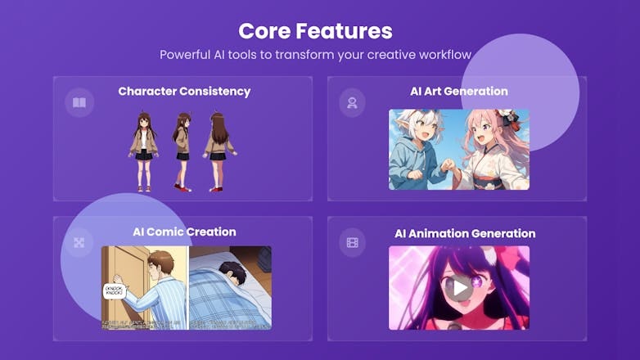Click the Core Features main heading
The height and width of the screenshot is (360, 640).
(x=315, y=31)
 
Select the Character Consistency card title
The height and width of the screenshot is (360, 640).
(x=184, y=91)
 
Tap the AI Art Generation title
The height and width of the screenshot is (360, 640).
(x=458, y=91)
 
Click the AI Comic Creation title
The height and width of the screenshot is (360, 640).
(x=184, y=232)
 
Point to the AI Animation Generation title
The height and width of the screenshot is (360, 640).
(x=465, y=233)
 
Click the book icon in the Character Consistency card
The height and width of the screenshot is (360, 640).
(x=79, y=103)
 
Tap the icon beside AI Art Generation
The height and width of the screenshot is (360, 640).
(x=352, y=103)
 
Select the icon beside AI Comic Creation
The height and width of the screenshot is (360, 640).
(x=79, y=243)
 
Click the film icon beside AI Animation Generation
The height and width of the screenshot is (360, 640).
(x=352, y=243)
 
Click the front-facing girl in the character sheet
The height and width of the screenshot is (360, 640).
(x=143, y=151)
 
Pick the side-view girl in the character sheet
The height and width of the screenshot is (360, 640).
(x=182, y=151)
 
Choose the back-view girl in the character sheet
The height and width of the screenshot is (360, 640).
(x=219, y=151)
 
